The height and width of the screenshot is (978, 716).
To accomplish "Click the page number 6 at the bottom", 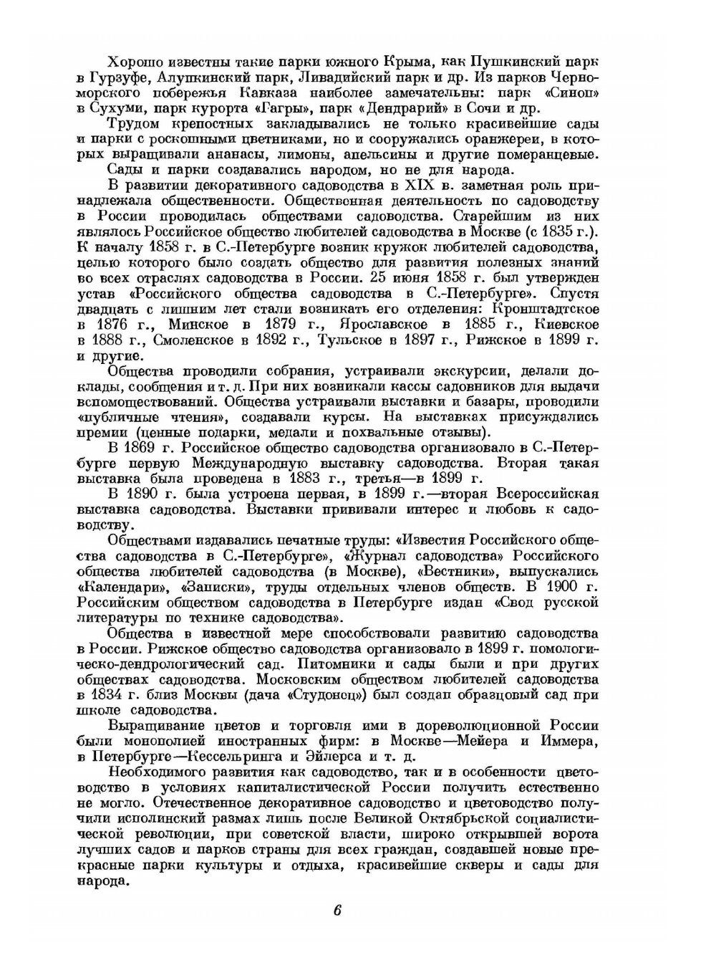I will point(337,911).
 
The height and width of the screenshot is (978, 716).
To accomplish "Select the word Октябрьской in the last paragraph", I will point(469,819).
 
